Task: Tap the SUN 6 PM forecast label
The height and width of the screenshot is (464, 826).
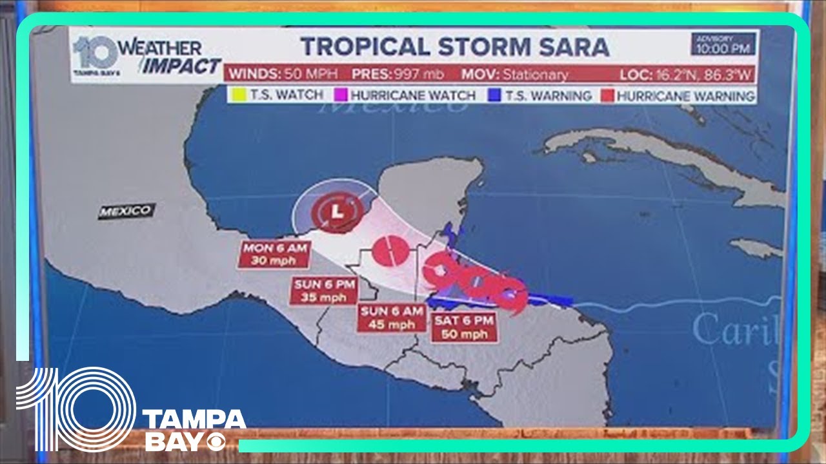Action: pos(325,291)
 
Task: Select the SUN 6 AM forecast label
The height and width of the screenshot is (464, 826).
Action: pos(392,318)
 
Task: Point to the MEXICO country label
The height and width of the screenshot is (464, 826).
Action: pos(126,211)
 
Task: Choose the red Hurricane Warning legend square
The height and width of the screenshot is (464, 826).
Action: pos(607,95)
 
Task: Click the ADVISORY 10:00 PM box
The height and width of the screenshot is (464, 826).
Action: pos(723,44)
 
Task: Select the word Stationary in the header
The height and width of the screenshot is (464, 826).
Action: pos(536,74)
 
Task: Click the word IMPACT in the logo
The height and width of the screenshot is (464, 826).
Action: pos(182,66)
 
